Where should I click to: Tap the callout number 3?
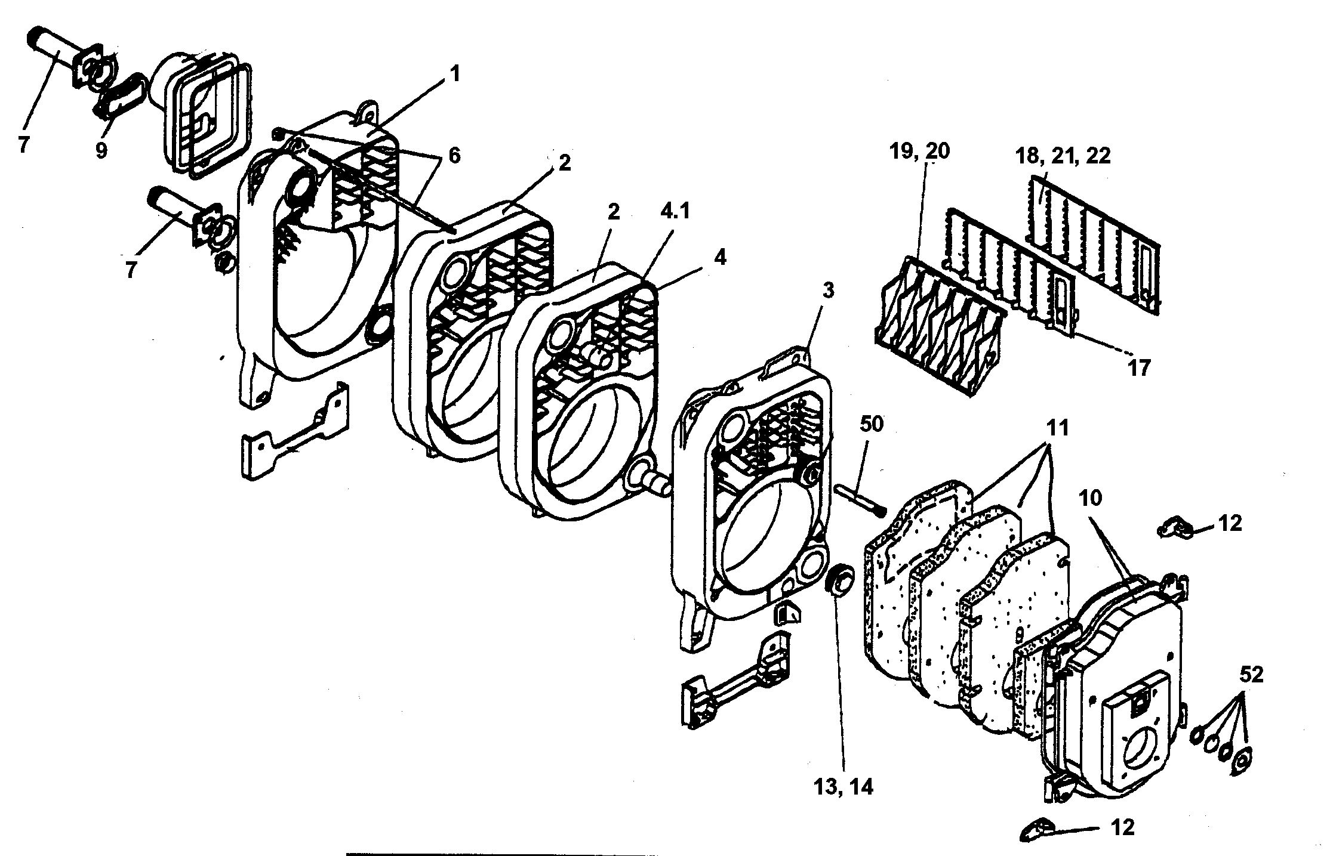(827, 291)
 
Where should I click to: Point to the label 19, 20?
(919, 151)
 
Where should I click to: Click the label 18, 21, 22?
(1063, 156)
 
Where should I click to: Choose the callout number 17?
(1138, 367)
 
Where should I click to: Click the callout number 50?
(872, 424)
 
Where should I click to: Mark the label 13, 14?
(843, 787)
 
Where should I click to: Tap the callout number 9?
(101, 151)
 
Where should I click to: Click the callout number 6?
(454, 156)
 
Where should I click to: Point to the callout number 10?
(1090, 497)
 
